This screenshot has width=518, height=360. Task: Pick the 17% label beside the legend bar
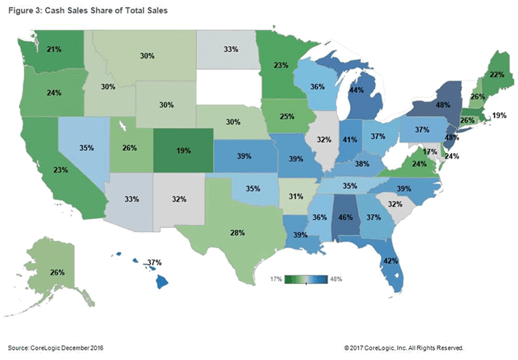point(276,278)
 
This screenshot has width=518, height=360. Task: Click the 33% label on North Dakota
point(230,50)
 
